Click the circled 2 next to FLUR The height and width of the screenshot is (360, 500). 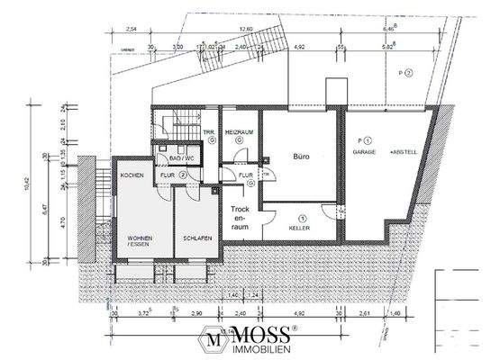(x=182, y=175)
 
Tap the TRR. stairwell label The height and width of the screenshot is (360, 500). (x=207, y=131)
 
